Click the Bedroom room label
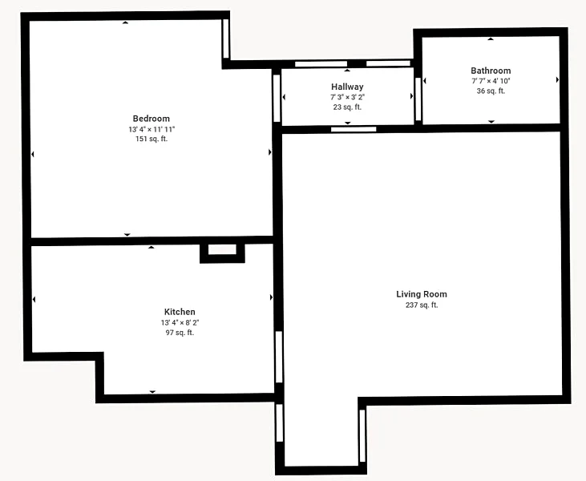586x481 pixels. [x=152, y=119]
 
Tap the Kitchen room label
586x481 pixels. [x=180, y=312]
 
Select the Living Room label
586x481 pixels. [x=422, y=294]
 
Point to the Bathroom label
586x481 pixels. [x=491, y=71]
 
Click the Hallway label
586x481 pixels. [x=347, y=87]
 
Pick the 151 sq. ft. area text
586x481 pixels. [x=152, y=139]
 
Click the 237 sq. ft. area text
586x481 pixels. [x=422, y=305]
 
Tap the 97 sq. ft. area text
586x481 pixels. [x=180, y=333]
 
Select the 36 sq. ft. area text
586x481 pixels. [x=491, y=91]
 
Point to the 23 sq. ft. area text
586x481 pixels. [x=347, y=107]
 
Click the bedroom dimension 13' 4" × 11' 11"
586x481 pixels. [x=152, y=129]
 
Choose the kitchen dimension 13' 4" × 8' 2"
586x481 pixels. [x=180, y=322]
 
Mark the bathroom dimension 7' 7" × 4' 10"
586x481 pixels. [x=491, y=81]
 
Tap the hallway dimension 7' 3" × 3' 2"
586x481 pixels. [x=347, y=97]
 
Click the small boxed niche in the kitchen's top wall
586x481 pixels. [x=222, y=253]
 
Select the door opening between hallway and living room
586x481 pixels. [x=354, y=129]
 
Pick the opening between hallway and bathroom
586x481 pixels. [x=418, y=99]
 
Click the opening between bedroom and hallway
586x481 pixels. [x=277, y=99]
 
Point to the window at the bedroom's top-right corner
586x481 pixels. [x=226, y=38]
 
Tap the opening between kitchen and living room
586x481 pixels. [x=279, y=357]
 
